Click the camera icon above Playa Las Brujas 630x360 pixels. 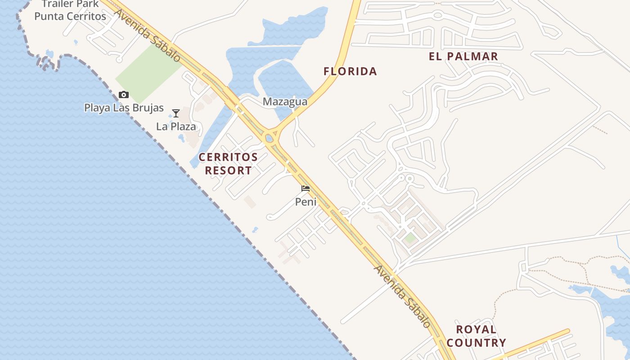[124, 94]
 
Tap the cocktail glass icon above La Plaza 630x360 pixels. [176, 113]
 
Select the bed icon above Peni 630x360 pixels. [306, 189]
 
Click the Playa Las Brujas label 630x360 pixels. [124, 108]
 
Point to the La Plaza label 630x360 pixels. [176, 126]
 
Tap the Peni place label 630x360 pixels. [306, 202]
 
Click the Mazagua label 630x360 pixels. [285, 102]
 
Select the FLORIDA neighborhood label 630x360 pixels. [350, 71]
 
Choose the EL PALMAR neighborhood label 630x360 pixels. [463, 56]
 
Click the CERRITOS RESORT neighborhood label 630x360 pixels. [228, 164]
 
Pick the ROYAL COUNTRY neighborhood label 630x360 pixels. [476, 336]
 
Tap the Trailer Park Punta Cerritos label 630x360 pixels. [70, 10]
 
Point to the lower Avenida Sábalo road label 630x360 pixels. [402, 296]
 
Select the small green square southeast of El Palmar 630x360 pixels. [410, 238]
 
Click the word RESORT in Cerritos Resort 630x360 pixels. [228, 171]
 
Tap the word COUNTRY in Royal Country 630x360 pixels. [476, 343]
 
